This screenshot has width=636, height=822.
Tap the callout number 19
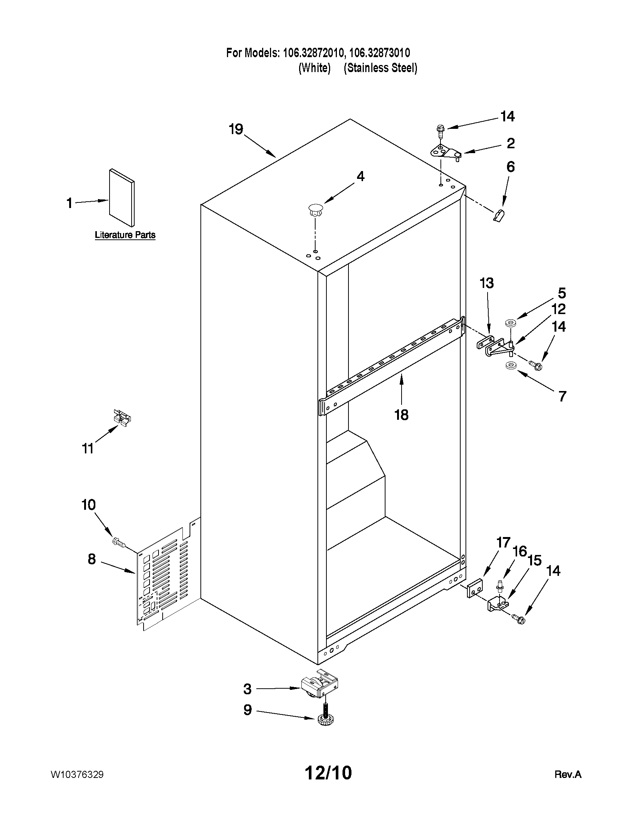(236, 130)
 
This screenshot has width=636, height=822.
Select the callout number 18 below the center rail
(401, 415)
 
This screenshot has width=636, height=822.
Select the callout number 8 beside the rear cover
(92, 559)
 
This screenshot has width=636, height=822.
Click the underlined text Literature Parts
(125, 235)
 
